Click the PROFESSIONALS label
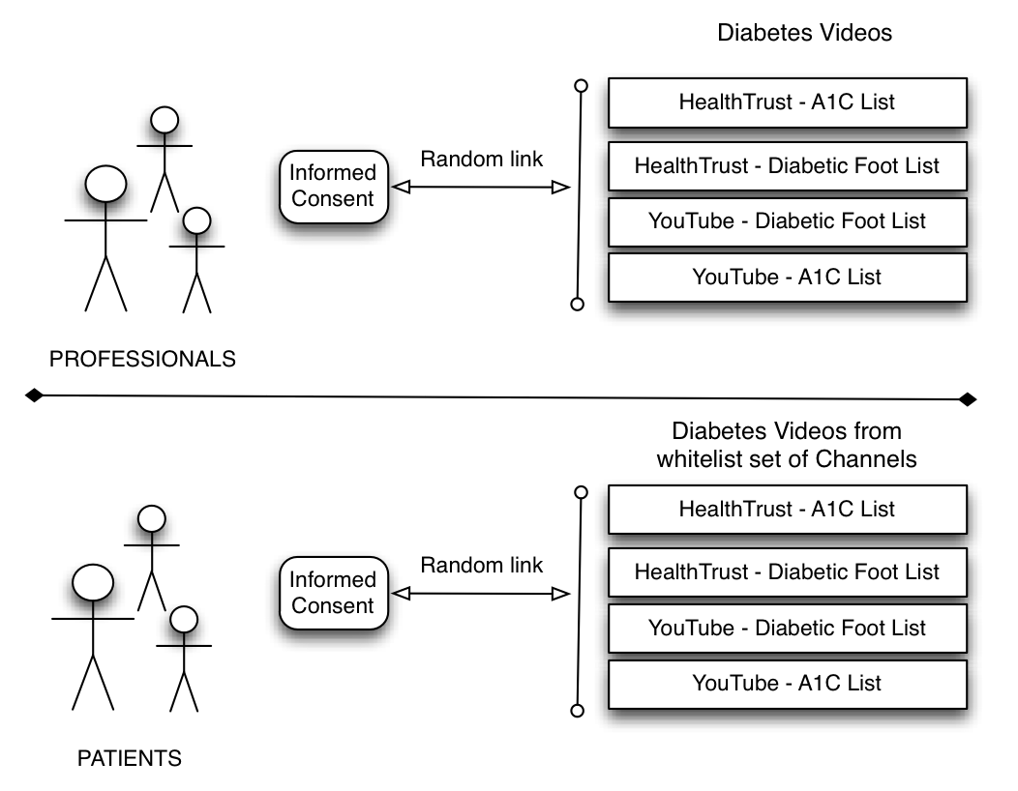(142, 359)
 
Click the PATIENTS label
(129, 758)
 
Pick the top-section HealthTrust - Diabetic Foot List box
(787, 165)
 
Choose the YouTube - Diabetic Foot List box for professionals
(787, 220)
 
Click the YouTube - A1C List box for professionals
(787, 277)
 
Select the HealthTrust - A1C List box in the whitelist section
(787, 509)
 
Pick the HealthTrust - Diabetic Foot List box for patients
(787, 571)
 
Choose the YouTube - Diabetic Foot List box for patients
(787, 628)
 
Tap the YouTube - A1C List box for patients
(787, 683)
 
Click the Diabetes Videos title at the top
(804, 33)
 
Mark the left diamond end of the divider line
(34, 395)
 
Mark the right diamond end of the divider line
(967, 399)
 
